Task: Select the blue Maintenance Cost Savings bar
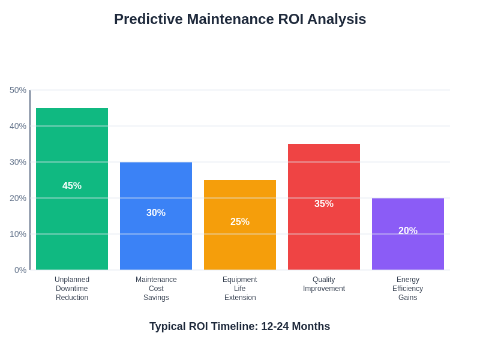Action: click(156, 240)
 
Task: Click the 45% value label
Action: click(72, 186)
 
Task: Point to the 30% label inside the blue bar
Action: click(156, 213)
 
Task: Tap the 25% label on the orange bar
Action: click(240, 222)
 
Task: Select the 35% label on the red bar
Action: click(324, 204)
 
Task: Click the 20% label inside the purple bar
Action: click(408, 231)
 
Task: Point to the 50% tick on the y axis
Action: click(18, 90)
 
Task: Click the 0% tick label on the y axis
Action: click(20, 270)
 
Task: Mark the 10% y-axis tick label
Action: click(18, 234)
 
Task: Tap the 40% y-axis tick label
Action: click(18, 126)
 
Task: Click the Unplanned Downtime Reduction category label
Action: click(72, 289)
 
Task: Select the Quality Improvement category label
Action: click(324, 284)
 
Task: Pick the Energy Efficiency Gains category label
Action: click(408, 289)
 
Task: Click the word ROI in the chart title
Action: click(290, 19)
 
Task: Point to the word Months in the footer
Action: click(310, 326)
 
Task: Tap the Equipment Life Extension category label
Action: click(240, 289)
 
